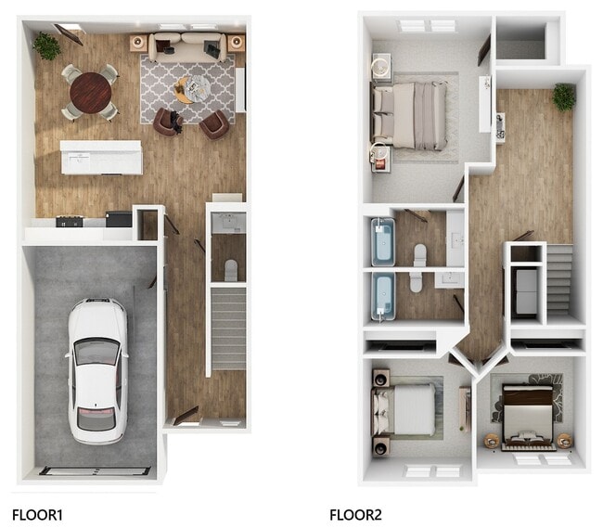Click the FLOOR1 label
point(36,513)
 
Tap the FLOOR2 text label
point(355,513)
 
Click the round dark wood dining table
point(90,91)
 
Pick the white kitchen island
point(101,157)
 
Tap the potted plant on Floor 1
point(45,45)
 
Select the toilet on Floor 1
point(231,269)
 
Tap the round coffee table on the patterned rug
point(189,89)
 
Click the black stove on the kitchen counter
point(70,221)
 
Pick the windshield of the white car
point(97,352)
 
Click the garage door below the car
point(95,470)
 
